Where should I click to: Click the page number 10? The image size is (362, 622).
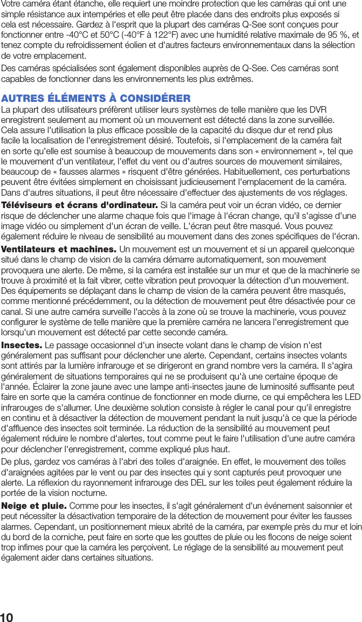click(x=8, y=617)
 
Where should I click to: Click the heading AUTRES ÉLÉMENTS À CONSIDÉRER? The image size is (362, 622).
click(x=95, y=99)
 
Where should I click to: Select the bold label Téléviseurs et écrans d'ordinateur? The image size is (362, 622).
click(x=80, y=205)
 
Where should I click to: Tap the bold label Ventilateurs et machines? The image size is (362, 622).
click(x=59, y=250)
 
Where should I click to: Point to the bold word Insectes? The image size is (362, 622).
click(x=22, y=345)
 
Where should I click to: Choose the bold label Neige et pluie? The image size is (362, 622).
click(x=34, y=506)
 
